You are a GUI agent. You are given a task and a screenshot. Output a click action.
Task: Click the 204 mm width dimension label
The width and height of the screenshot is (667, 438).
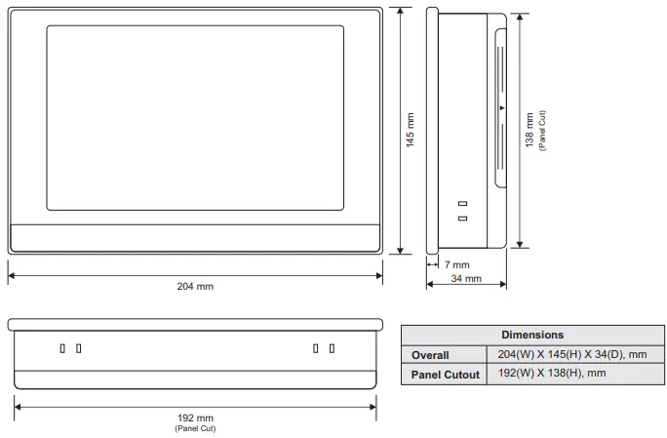point(195,286)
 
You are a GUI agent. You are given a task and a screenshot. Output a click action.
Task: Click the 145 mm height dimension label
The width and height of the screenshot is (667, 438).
point(411,130)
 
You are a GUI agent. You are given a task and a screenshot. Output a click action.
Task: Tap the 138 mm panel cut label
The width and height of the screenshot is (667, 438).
point(530,129)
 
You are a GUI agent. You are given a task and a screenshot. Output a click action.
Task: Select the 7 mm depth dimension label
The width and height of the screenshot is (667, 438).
point(456,264)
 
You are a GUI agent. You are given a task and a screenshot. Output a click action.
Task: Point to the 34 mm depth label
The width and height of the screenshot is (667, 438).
point(466,278)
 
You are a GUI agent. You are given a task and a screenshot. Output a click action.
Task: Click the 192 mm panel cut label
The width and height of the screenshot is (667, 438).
point(195,418)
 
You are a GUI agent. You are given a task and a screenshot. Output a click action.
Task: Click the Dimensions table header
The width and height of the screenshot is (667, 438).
point(532,335)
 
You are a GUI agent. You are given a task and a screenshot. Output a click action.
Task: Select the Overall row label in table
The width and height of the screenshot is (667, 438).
point(430,355)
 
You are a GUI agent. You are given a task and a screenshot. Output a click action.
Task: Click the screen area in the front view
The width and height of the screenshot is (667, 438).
point(195,117)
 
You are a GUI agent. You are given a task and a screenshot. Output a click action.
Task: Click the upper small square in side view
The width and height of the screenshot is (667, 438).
point(462,204)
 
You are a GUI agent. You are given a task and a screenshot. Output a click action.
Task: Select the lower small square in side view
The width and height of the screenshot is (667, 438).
point(462,218)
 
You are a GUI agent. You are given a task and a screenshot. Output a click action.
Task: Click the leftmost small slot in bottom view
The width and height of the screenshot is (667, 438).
point(62,348)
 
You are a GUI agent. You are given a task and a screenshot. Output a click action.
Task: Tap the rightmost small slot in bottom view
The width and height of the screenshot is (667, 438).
point(332,348)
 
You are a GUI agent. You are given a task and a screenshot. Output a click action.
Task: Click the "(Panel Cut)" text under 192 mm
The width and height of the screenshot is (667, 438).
point(195,429)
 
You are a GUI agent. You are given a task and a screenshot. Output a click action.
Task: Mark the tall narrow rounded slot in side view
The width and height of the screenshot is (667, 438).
point(501,107)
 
